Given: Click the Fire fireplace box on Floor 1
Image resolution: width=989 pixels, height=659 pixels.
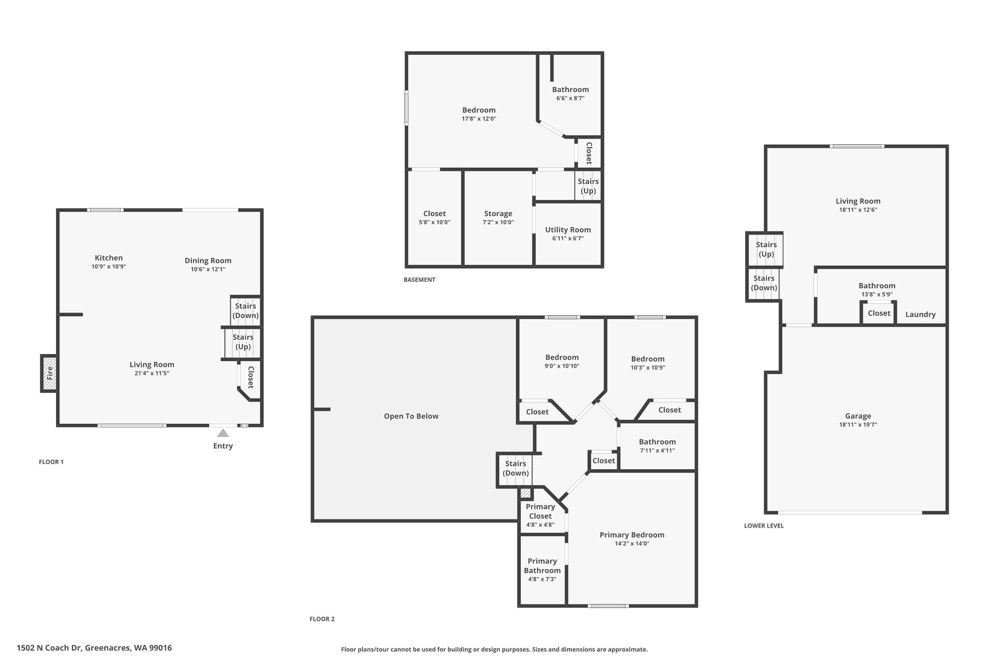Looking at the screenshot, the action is click(x=49, y=373).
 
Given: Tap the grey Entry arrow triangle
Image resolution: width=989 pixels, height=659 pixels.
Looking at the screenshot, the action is click(x=223, y=433).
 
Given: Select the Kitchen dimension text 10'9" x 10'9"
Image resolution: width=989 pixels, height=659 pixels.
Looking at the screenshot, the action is click(x=109, y=266).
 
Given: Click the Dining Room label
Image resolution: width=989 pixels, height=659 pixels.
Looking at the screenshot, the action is click(x=208, y=261).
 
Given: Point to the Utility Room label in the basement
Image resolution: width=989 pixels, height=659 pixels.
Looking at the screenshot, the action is click(x=568, y=230).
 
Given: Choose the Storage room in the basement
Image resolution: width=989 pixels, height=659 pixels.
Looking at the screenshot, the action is click(x=498, y=218).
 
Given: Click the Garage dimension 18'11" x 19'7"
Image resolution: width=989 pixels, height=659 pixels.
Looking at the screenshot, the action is click(x=858, y=425).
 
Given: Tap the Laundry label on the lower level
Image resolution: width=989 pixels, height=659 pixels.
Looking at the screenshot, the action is click(x=920, y=315).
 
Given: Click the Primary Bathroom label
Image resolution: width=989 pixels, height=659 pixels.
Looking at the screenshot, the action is click(x=542, y=566).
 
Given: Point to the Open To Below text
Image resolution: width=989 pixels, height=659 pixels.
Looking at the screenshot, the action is click(x=411, y=416).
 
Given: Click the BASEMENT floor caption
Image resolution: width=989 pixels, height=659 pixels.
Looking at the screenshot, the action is click(x=419, y=280).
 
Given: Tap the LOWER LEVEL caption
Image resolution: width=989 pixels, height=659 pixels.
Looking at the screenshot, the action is click(x=764, y=526).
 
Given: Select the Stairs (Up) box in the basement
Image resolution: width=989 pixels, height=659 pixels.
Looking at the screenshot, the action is click(x=588, y=186).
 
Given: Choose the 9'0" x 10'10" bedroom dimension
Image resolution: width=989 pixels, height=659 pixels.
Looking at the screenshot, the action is click(x=562, y=366).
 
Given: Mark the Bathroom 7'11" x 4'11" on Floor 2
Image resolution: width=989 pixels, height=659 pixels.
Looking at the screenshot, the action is click(x=657, y=446).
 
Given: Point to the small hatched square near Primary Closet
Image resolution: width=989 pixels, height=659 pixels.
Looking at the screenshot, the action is click(x=525, y=493).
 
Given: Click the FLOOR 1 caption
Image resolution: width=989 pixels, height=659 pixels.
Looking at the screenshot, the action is click(x=51, y=462).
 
